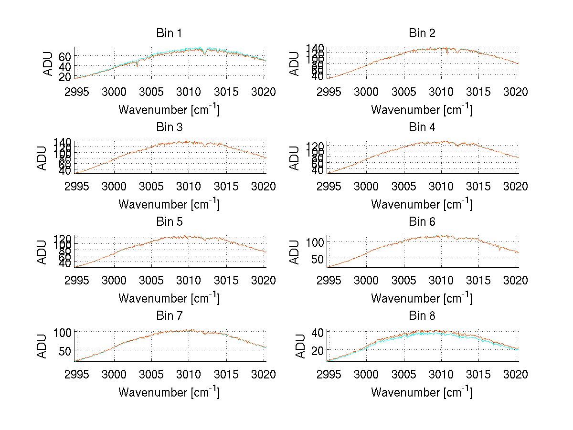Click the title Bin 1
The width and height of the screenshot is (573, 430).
(x=169, y=33)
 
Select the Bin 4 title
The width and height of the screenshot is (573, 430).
(x=422, y=127)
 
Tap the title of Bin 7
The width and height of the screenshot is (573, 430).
(x=169, y=316)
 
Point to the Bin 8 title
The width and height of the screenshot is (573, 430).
(x=422, y=316)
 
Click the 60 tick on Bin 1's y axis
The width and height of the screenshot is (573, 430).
(x=65, y=56)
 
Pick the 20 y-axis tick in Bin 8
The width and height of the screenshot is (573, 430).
(x=318, y=350)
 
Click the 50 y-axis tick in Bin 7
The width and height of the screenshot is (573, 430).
(x=65, y=350)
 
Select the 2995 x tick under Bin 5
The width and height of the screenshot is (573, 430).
(x=77, y=280)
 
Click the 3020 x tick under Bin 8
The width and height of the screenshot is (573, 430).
(x=516, y=374)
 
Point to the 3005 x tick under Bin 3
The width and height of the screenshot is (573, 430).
(x=151, y=186)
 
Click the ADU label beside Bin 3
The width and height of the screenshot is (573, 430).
(x=42, y=157)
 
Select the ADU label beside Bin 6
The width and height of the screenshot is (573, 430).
(x=295, y=252)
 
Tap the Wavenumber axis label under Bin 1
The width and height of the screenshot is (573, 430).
(x=169, y=110)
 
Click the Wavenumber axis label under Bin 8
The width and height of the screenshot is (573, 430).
(x=422, y=392)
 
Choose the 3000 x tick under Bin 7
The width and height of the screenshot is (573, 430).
(x=114, y=374)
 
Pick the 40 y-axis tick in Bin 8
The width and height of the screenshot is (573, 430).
(x=318, y=333)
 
